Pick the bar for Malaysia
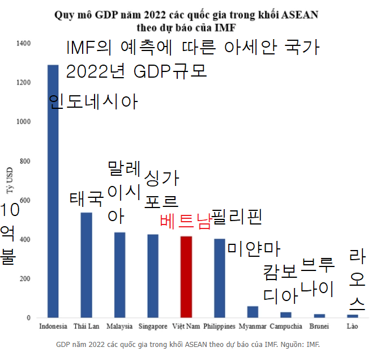pos(119,275)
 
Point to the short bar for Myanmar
pos(253,312)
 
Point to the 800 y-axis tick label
pos(25,161)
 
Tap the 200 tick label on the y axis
pos(25,279)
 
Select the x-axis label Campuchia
pos(286,327)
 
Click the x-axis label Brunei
pos(319,327)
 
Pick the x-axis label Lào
pos(352,327)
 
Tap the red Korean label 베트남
pos(185,221)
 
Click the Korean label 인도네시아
pos(93,101)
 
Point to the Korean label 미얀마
pos(254,248)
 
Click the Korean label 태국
pos(86,199)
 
